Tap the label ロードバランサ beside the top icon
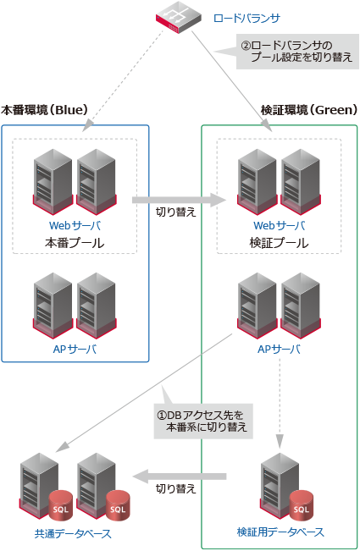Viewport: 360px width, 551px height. (x=246, y=18)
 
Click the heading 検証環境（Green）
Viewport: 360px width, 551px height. (x=309, y=110)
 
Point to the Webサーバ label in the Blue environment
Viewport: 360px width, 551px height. (x=75, y=226)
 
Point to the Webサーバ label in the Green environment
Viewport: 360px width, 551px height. (x=279, y=226)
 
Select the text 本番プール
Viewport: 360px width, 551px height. (x=75, y=243)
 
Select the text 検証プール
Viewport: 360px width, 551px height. (x=279, y=243)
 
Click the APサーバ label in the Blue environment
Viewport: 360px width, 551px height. (x=75, y=349)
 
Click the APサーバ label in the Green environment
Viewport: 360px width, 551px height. (x=279, y=349)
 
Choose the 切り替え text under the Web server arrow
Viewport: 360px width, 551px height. (x=176, y=212)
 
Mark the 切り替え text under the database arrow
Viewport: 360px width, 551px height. (x=176, y=489)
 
